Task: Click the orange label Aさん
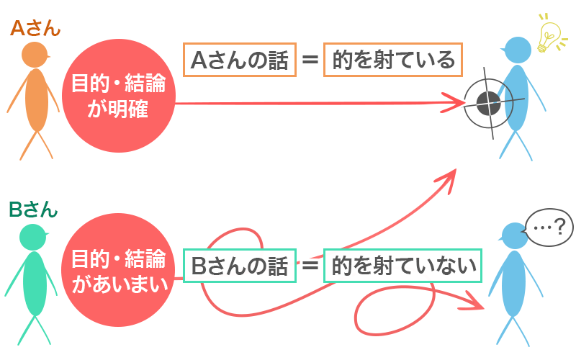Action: pyautogui.click(x=35, y=29)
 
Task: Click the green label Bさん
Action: pyautogui.click(x=34, y=210)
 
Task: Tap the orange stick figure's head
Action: pyautogui.click(x=34, y=55)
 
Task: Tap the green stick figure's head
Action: pyautogui.click(x=33, y=235)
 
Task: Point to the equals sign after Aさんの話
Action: pyautogui.click(x=310, y=60)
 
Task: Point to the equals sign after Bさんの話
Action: pyautogui.click(x=310, y=266)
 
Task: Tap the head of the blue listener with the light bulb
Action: pyautogui.click(x=516, y=50)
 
